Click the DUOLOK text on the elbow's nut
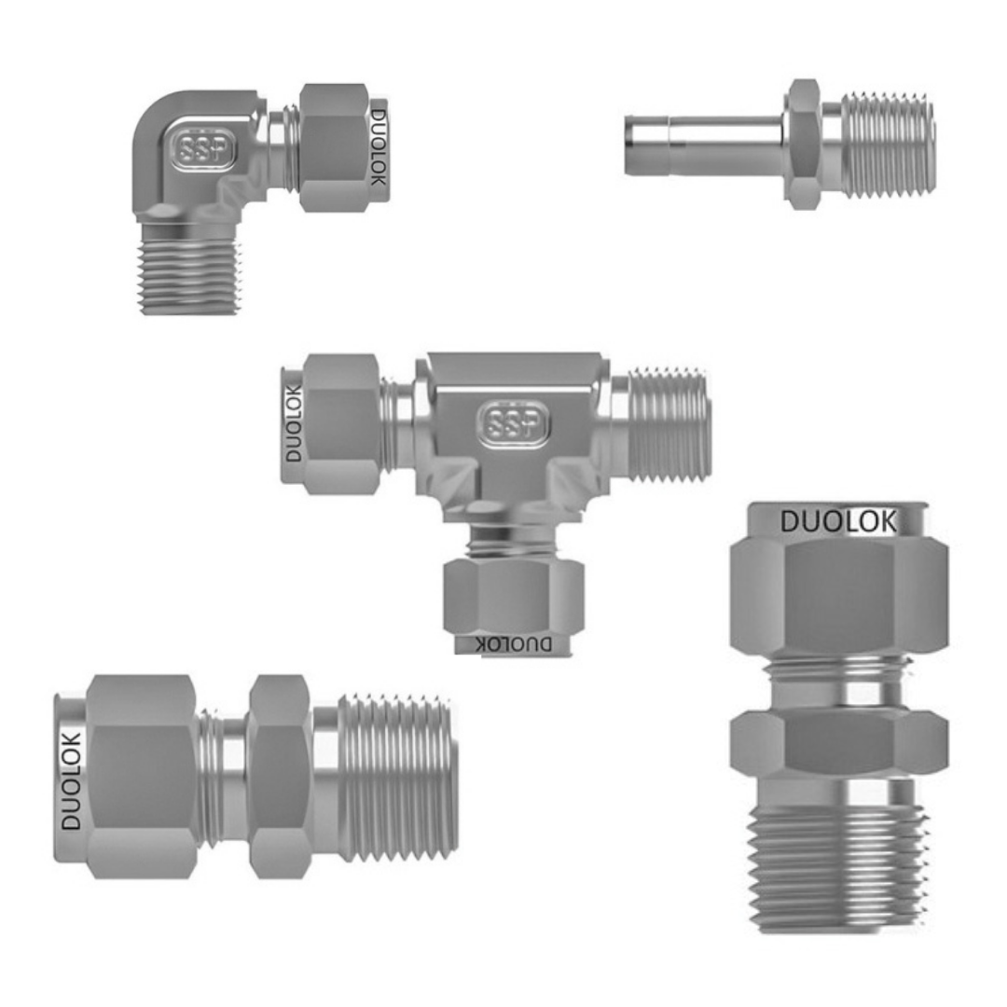(378, 147)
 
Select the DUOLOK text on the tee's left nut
(293, 423)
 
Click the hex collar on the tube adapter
(803, 144)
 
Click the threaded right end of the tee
(669, 424)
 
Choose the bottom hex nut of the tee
(513, 597)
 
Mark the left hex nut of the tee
(341, 424)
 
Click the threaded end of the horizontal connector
(397, 777)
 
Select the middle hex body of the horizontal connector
(280, 777)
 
